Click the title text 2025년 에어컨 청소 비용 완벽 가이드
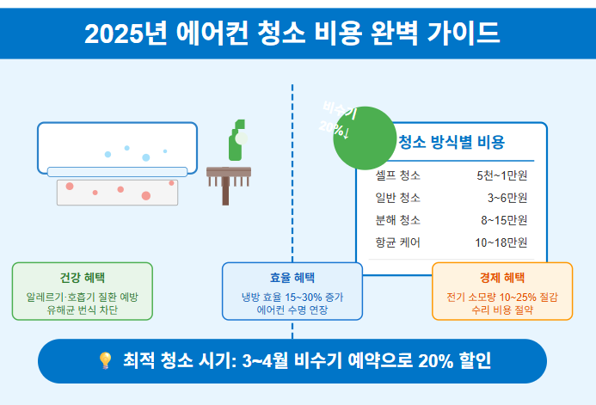point(292,34)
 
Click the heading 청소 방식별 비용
point(452,143)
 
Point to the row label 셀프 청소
point(397,175)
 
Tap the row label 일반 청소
point(397,198)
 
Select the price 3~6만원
point(507,198)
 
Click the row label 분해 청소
point(397,220)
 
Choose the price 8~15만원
point(503,220)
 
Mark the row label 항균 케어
point(397,242)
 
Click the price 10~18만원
point(501,242)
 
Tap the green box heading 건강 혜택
point(83,278)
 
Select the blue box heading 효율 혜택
point(292,278)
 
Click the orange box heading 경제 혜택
point(502,278)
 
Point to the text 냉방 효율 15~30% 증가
point(292,297)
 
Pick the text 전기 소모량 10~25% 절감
point(502,297)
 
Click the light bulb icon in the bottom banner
point(105,360)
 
